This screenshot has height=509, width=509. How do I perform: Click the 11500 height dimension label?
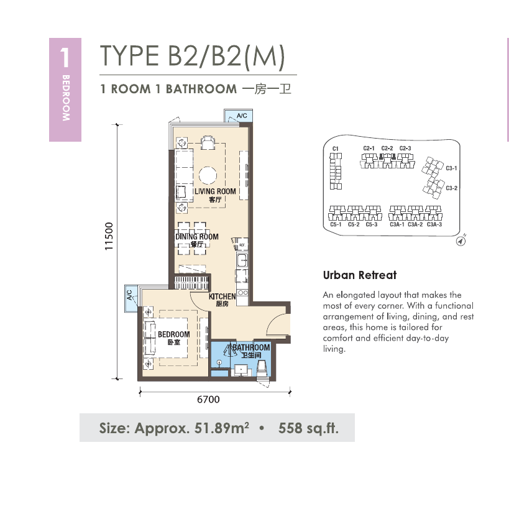(109, 236)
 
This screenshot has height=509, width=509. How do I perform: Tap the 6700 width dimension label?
(208, 399)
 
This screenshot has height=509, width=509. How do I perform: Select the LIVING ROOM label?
(215, 191)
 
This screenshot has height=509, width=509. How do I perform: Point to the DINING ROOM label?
(197, 237)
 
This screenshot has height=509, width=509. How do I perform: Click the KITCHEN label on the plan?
(222, 296)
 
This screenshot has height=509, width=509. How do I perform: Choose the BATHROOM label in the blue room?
(251, 347)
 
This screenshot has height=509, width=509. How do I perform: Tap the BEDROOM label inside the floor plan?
(173, 334)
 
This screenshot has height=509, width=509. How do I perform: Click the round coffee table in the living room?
(208, 175)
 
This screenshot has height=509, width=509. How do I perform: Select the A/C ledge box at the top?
(238, 116)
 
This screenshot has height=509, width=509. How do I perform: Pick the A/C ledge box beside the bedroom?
(131, 298)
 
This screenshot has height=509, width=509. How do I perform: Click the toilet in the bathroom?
(262, 369)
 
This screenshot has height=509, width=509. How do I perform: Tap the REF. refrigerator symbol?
(242, 245)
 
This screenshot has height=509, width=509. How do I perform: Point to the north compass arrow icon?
(461, 241)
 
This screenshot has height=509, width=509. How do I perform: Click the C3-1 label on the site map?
(451, 168)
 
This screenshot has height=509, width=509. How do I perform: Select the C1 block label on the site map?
(336, 149)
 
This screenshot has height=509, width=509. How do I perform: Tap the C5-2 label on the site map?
(354, 224)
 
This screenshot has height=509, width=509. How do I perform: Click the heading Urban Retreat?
(360, 275)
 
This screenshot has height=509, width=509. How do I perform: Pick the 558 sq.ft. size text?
(308, 428)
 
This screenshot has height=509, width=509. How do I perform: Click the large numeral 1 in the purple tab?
(65, 57)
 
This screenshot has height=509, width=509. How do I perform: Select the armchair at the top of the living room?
(208, 142)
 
